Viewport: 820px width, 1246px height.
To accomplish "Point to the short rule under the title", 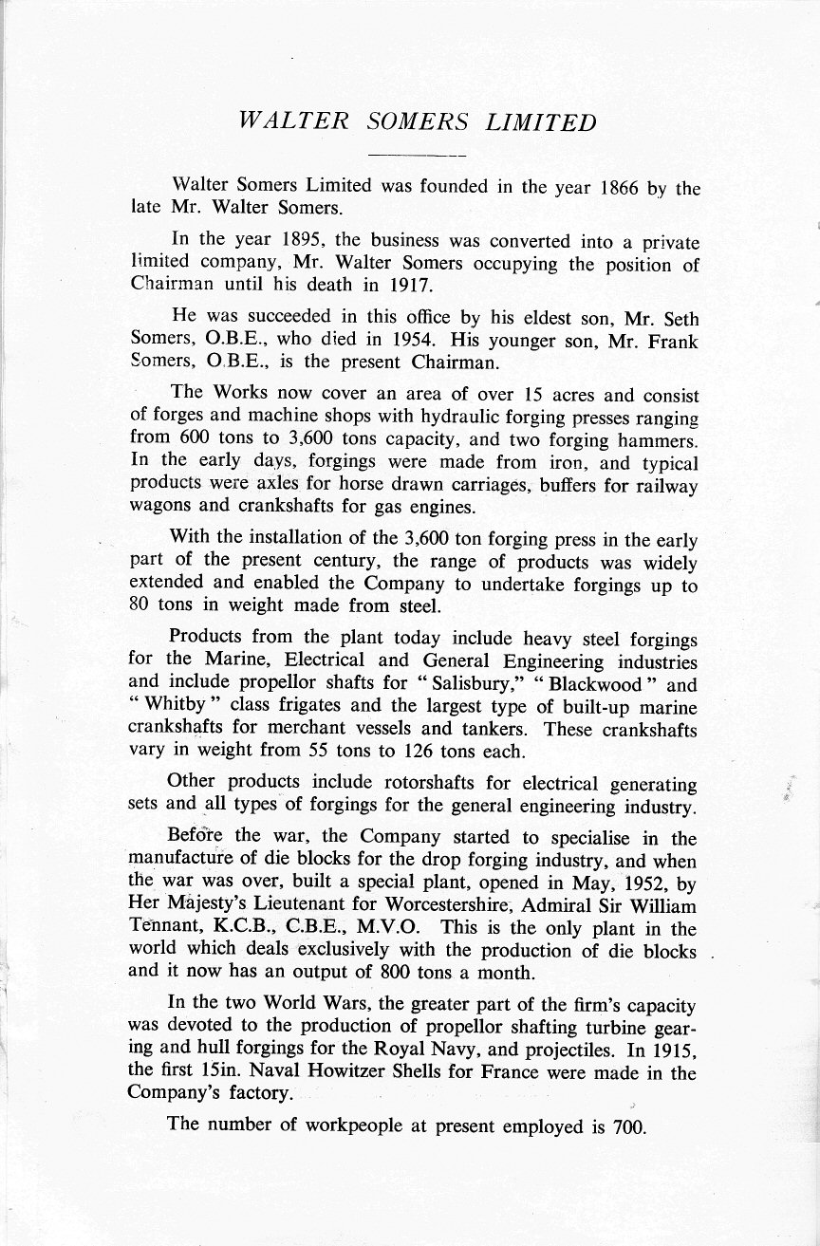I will point(416,155).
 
